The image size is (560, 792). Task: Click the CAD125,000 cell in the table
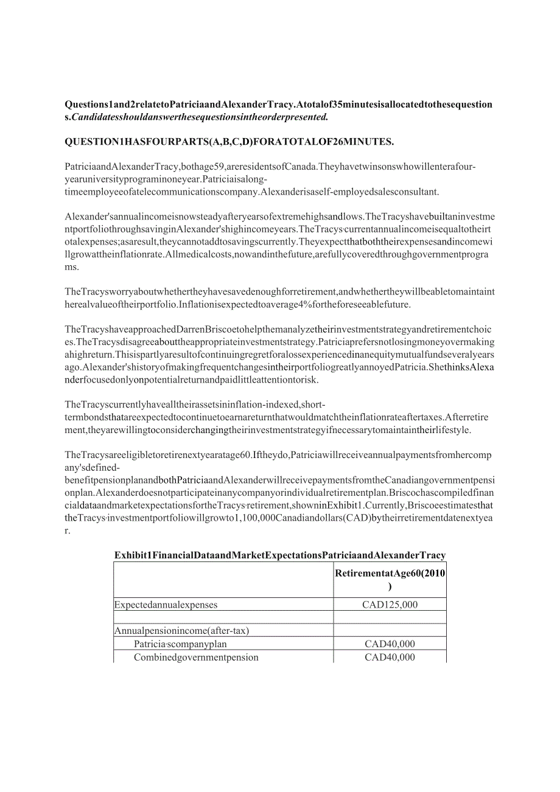click(x=390, y=605)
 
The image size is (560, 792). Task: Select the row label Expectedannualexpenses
click(x=166, y=605)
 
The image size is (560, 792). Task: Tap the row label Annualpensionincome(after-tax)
click(x=181, y=631)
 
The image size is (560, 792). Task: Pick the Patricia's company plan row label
click(x=180, y=644)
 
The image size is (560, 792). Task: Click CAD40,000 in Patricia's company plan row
click(x=390, y=644)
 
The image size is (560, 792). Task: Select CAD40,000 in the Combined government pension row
click(x=390, y=658)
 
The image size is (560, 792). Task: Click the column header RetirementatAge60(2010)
click(x=390, y=579)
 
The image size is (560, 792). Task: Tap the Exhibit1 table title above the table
click(x=280, y=555)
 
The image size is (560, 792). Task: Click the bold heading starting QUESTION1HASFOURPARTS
click(x=229, y=142)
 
